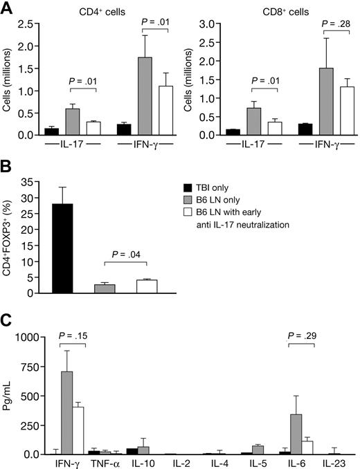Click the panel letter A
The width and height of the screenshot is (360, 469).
(8, 8)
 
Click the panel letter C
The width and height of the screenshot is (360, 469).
(8, 322)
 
